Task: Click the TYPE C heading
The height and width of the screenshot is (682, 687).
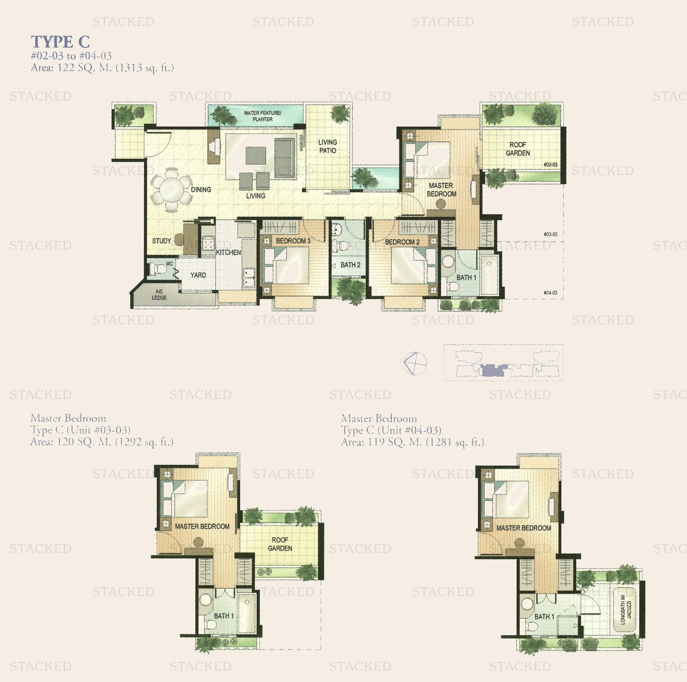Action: tap(60, 42)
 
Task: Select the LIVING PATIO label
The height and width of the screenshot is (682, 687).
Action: tap(327, 146)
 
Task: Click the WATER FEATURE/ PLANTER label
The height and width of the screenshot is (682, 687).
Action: tap(262, 116)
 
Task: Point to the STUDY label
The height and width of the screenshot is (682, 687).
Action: tap(162, 241)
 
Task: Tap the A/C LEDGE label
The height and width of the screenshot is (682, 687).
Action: tap(159, 294)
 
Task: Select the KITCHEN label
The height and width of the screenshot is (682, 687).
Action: tap(229, 252)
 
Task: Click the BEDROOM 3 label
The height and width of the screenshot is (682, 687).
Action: tap(293, 241)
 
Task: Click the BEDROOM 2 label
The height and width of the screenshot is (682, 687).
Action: tap(402, 242)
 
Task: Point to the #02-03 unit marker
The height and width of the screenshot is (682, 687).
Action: tap(550, 165)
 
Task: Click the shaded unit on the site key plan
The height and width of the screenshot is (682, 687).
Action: tap(493, 370)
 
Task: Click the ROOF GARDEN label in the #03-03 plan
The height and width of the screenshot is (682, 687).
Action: tap(280, 544)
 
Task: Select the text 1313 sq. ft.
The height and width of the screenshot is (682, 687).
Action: tap(145, 67)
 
